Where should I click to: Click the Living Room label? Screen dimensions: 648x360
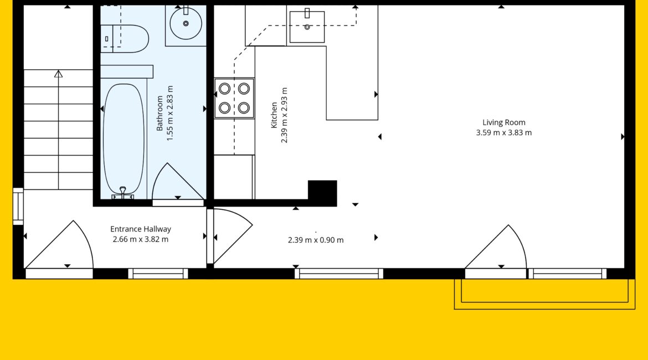click(504, 122)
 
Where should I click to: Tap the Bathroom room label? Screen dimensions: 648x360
click(160, 114)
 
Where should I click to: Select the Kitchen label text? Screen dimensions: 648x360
click(274, 115)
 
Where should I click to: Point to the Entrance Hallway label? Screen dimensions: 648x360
click(141, 229)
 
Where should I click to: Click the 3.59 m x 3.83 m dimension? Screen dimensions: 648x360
click(504, 133)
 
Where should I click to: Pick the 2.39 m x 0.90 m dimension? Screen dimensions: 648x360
click(316, 240)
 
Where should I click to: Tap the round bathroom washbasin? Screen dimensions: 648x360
click(186, 24)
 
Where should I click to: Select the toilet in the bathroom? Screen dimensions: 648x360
click(125, 38)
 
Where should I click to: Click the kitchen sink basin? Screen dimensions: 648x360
click(307, 27)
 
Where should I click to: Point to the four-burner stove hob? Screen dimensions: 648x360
click(234, 99)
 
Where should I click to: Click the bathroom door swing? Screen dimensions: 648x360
click(178, 181)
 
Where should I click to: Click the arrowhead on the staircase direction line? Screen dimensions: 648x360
click(58, 74)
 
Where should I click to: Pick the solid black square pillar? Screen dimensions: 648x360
click(322, 193)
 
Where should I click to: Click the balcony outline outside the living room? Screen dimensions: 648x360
click(544, 306)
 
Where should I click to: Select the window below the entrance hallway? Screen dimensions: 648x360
click(158, 274)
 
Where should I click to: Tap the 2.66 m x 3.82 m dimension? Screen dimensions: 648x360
click(141, 239)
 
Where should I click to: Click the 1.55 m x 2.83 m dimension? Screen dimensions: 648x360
click(170, 114)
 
